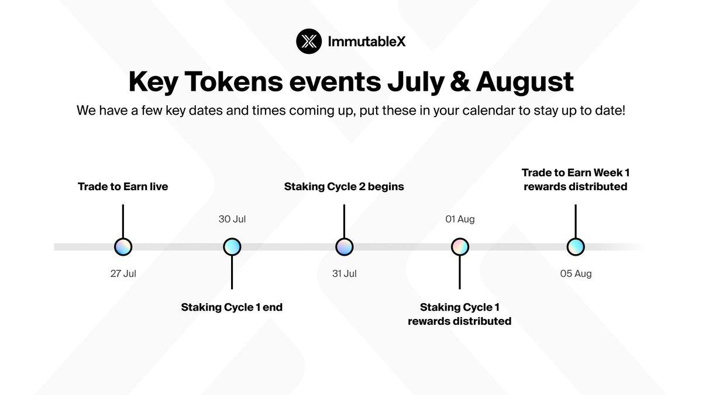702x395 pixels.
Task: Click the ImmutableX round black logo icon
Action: [x=309, y=41]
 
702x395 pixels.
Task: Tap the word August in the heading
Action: [x=525, y=81]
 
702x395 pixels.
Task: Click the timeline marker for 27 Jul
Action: [x=123, y=247]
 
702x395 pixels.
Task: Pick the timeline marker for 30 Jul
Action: [x=232, y=247]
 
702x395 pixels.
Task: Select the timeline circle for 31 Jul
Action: [x=344, y=247]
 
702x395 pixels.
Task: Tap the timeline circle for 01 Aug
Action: [x=459, y=247]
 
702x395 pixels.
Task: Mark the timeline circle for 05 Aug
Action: [x=576, y=247]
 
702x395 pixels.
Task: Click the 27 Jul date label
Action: [x=123, y=273]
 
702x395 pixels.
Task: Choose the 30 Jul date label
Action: [x=232, y=219]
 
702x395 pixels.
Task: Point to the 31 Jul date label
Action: [x=344, y=273]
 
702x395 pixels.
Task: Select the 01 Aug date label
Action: [x=459, y=219]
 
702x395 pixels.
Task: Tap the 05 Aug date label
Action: [x=576, y=273]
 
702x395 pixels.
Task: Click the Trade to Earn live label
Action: [x=123, y=187]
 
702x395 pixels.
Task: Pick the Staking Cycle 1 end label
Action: [x=232, y=307]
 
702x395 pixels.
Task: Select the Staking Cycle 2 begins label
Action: [x=344, y=187]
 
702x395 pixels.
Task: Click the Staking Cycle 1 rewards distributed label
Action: [x=459, y=314]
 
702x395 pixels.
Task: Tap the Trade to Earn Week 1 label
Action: [x=576, y=173]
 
